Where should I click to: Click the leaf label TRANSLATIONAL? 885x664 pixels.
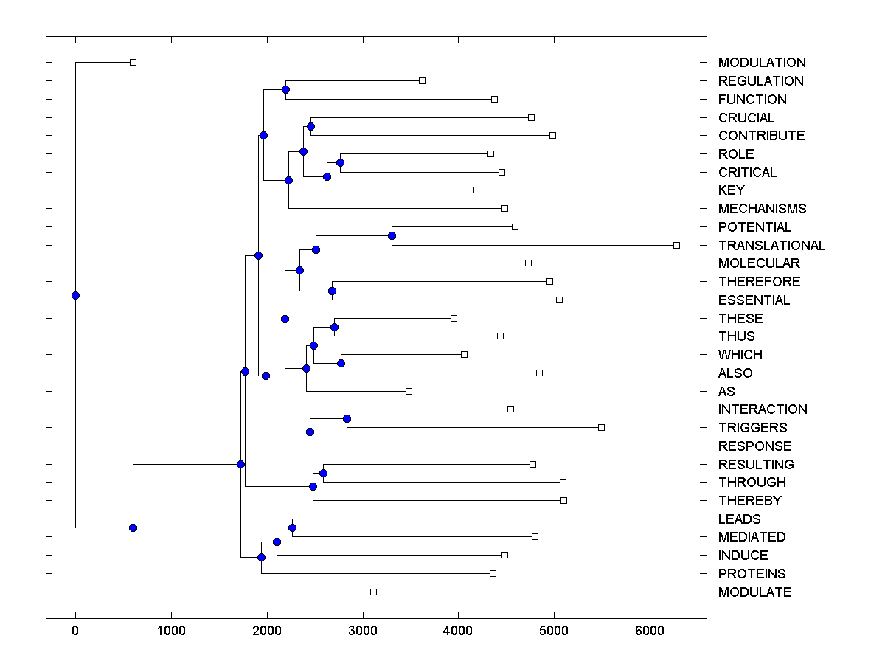click(x=771, y=245)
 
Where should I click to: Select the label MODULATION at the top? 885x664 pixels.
click(x=762, y=63)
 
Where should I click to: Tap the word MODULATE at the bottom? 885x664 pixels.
click(x=754, y=592)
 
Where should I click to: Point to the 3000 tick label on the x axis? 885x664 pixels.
click(x=362, y=630)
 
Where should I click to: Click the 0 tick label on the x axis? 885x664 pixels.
click(x=75, y=630)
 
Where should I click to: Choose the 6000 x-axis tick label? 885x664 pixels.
click(x=650, y=630)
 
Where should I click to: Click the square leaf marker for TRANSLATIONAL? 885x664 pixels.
click(x=676, y=245)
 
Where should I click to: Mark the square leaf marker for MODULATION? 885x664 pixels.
click(x=133, y=63)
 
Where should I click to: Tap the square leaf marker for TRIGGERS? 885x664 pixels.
click(x=601, y=427)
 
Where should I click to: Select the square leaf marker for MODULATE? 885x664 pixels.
click(x=373, y=592)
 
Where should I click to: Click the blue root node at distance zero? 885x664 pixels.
click(x=75, y=295)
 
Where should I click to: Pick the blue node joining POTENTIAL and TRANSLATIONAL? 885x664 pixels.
click(x=392, y=235)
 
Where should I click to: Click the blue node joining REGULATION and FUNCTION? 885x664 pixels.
click(x=285, y=89)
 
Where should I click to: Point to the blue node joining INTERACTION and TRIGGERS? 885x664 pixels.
click(x=347, y=418)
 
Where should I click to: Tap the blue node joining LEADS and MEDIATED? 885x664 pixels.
click(x=292, y=528)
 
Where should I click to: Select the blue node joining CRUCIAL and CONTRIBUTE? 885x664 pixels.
click(x=310, y=126)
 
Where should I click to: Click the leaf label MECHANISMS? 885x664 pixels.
click(x=762, y=209)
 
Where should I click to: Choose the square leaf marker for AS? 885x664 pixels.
click(x=409, y=391)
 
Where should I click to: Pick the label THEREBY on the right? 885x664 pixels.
click(x=749, y=501)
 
